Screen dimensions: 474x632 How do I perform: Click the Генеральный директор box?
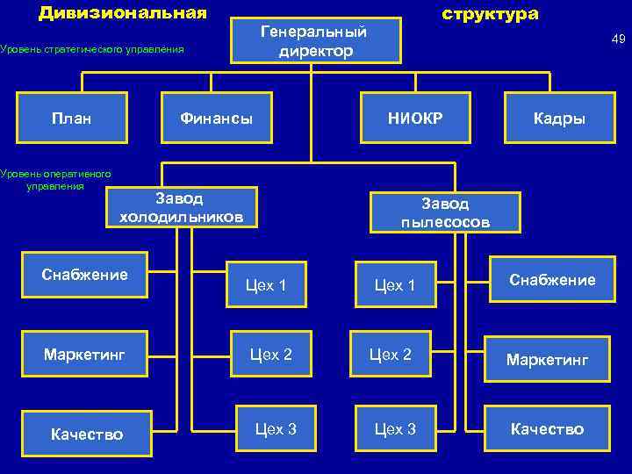point(316,40)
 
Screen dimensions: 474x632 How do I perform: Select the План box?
point(72,118)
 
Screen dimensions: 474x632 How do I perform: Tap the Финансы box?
point(216,118)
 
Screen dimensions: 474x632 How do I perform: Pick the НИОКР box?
point(415,118)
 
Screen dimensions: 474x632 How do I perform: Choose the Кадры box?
point(559,118)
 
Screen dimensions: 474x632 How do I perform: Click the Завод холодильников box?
point(182,207)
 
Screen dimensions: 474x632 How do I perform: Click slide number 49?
point(618,39)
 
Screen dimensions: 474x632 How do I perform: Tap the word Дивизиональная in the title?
point(123,13)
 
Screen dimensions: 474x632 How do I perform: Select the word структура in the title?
point(490,14)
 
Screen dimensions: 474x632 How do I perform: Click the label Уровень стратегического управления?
point(92,49)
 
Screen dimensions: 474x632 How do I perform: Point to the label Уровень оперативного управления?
point(55,179)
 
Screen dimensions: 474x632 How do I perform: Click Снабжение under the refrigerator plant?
point(85,276)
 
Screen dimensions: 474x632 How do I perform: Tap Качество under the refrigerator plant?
point(87,434)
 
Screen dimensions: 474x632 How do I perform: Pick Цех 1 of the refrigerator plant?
point(266,284)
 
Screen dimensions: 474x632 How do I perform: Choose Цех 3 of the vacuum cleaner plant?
point(395,429)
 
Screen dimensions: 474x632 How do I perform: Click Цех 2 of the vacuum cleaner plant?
point(391,355)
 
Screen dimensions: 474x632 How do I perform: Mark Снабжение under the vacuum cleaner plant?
point(551,280)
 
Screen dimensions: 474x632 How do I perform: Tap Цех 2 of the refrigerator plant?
point(271,355)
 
